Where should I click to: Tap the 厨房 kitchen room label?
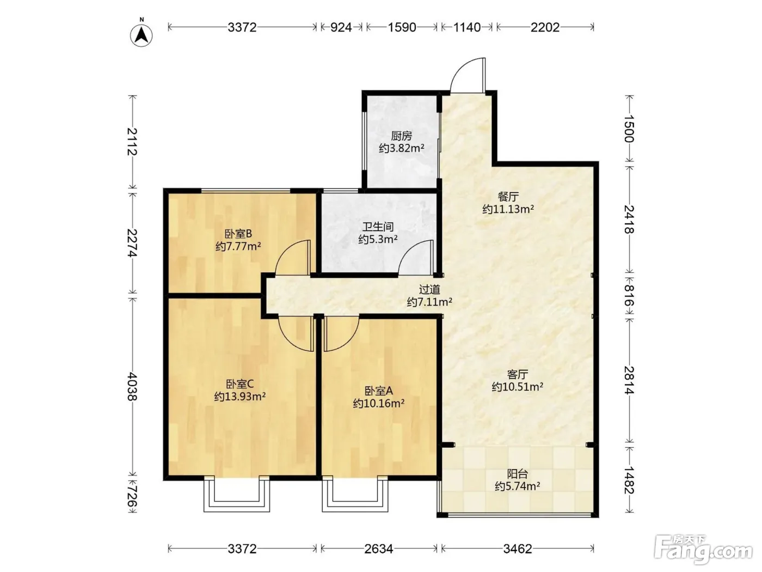(401, 136)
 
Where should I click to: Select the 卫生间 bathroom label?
(378, 227)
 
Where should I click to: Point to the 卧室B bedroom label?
(238, 234)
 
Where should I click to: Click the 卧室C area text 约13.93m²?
(240, 396)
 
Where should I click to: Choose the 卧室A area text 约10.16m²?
(378, 403)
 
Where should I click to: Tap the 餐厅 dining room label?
(508, 197)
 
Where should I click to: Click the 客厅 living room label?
(517, 374)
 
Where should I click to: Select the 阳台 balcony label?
(517, 474)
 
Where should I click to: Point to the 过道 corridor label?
(429, 289)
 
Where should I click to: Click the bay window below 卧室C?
(237, 494)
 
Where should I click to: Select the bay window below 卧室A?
(355, 494)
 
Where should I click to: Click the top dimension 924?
(341, 27)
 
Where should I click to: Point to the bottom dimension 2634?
(379, 549)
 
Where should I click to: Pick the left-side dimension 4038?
(132, 387)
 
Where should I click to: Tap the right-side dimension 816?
(629, 295)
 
